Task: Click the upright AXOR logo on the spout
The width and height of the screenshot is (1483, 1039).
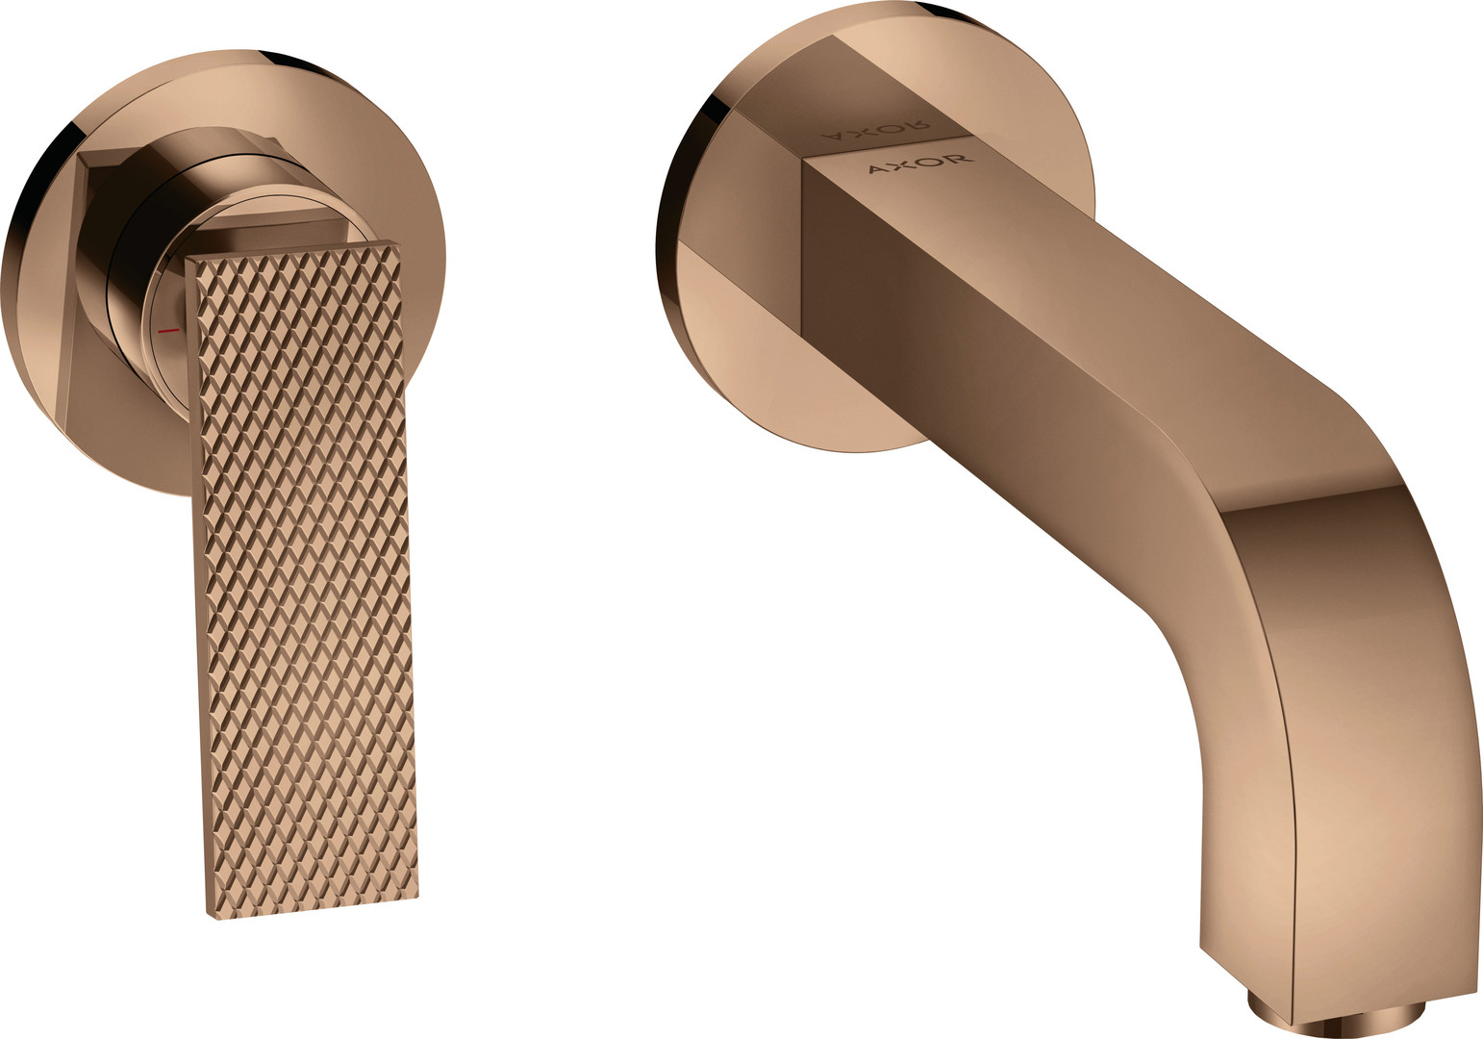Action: pyautogui.click(x=921, y=165)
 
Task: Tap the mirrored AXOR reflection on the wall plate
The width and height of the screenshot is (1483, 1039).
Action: pyautogui.click(x=876, y=130)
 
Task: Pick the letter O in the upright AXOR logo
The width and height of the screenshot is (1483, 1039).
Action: pyautogui.click(x=935, y=163)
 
